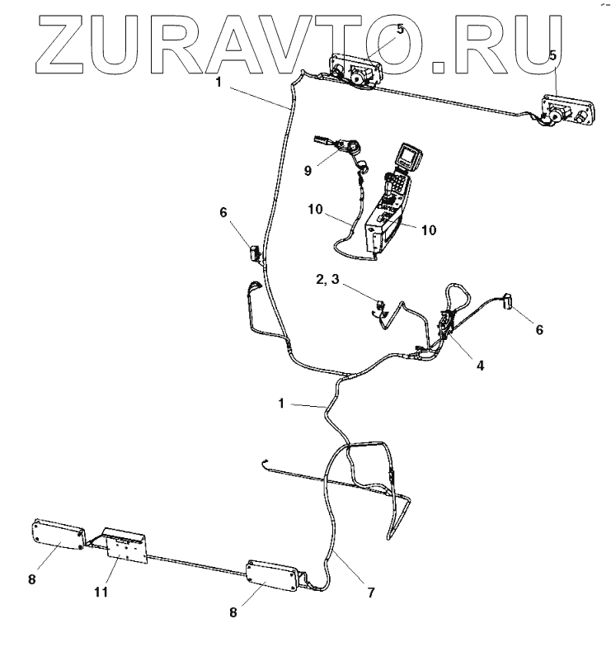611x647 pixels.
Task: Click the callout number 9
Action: (308, 171)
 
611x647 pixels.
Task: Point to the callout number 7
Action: (370, 593)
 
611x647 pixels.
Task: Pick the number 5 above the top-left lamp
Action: (400, 29)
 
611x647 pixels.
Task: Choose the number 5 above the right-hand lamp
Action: (554, 55)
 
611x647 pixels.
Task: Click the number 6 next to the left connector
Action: (223, 212)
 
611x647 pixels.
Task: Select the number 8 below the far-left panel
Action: (32, 579)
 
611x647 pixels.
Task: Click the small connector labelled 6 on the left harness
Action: (255, 251)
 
